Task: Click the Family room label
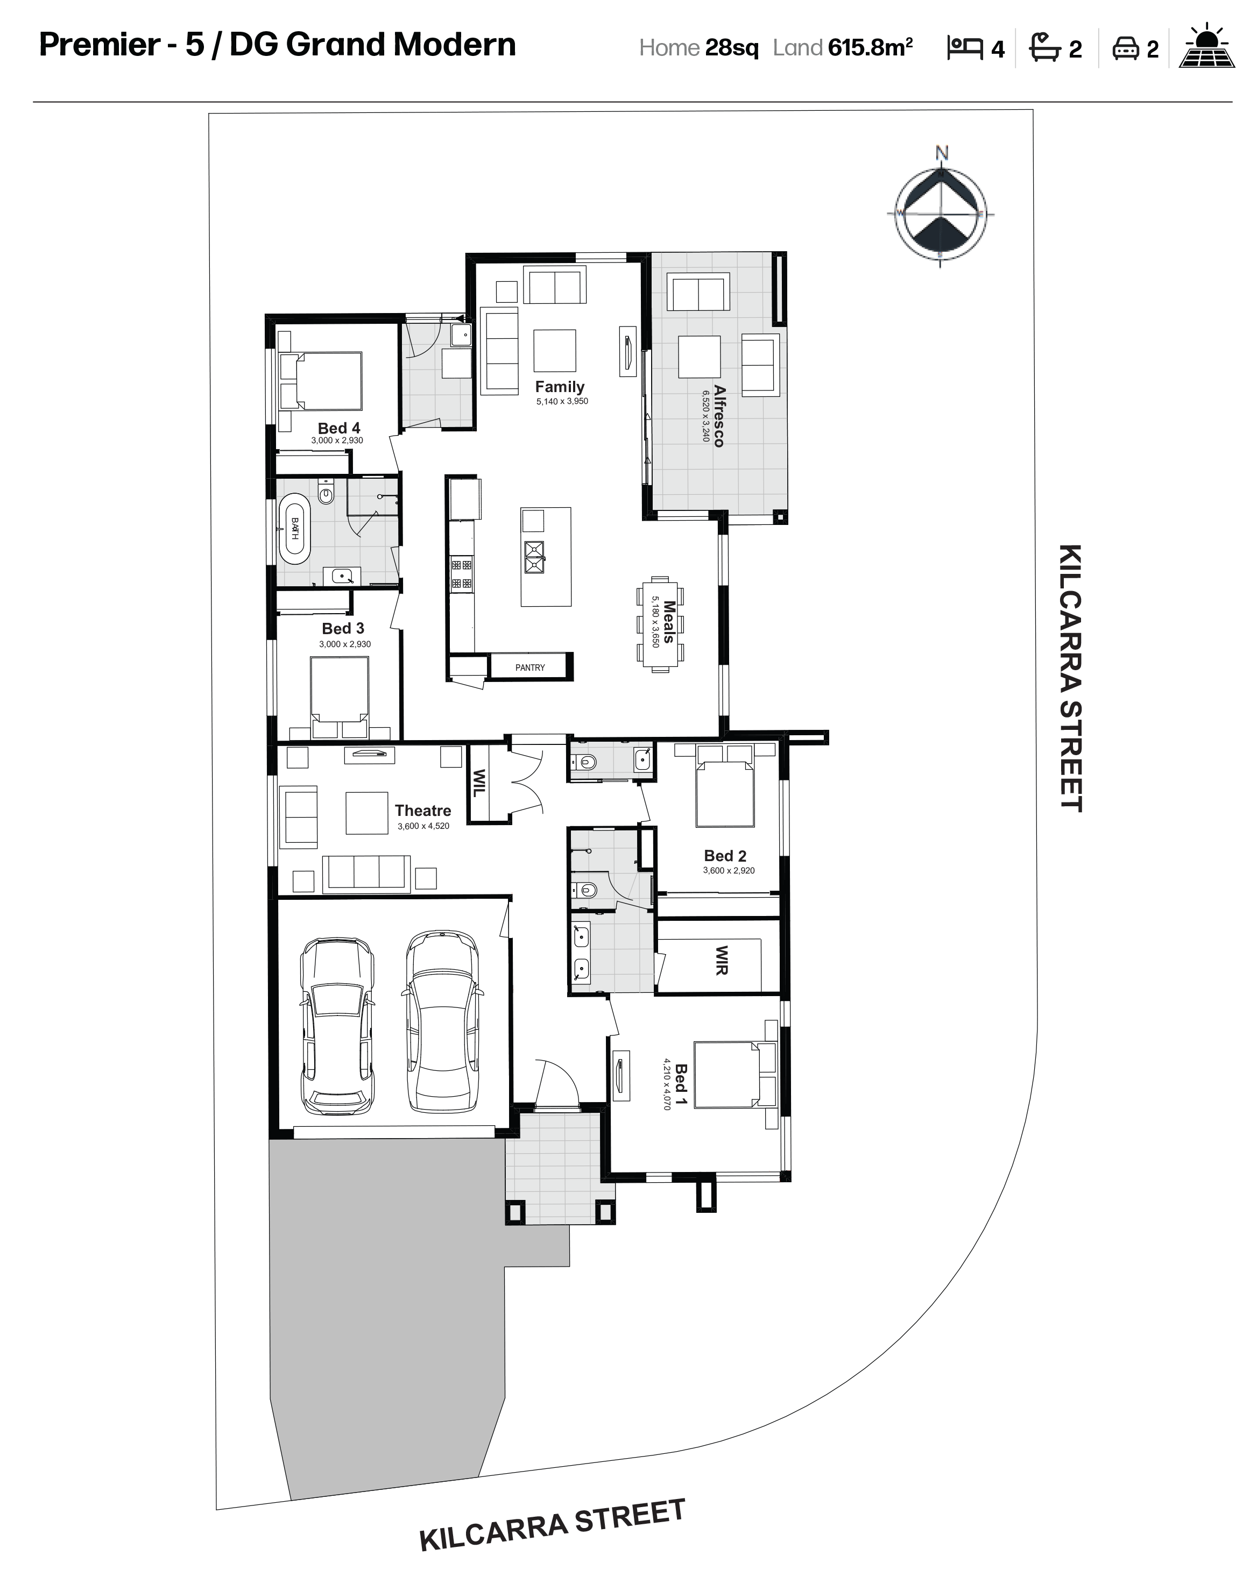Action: (559, 387)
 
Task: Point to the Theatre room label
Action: (423, 811)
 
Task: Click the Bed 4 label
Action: (339, 428)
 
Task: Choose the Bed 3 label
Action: (342, 628)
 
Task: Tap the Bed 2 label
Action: (725, 855)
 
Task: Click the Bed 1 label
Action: (681, 1086)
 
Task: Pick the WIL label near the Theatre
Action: (478, 783)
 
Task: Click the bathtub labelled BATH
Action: (295, 529)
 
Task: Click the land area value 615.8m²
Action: (871, 47)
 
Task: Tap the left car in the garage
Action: (337, 1026)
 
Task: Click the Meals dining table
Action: (660, 624)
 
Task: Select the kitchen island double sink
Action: (534, 558)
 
